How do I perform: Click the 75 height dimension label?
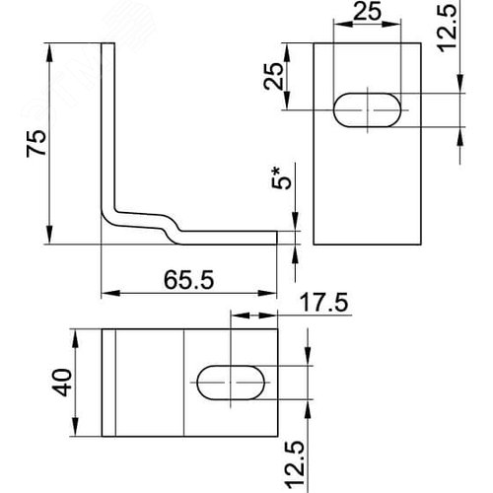[x=36, y=143]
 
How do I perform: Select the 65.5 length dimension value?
[x=188, y=280]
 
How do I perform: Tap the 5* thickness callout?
[x=281, y=178]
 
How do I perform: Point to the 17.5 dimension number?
[x=323, y=303]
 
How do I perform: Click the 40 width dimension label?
[x=62, y=383]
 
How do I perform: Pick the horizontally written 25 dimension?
[x=367, y=12]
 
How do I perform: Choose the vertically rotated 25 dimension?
[x=273, y=76]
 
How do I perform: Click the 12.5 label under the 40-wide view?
[x=295, y=465]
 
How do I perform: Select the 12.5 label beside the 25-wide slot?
[x=448, y=27]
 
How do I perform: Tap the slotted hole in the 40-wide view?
[x=231, y=383]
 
